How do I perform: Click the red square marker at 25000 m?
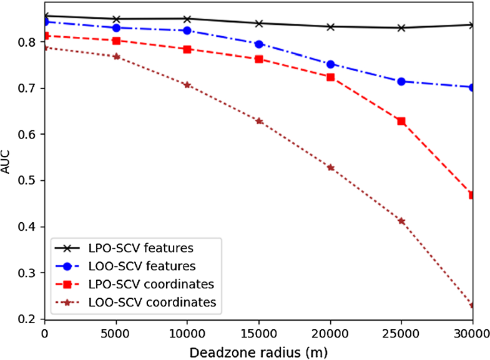click(x=401, y=121)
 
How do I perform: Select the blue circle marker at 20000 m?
click(x=330, y=64)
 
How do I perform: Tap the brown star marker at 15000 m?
click(x=259, y=120)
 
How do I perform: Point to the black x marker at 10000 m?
click(x=187, y=19)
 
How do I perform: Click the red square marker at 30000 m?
click(x=473, y=195)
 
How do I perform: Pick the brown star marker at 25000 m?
click(x=401, y=221)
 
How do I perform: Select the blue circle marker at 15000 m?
click(x=259, y=44)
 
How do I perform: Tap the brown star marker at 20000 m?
click(x=330, y=167)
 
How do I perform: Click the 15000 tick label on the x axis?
click(x=259, y=333)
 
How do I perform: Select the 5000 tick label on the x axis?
click(x=116, y=333)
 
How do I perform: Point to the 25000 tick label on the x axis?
click(x=401, y=333)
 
